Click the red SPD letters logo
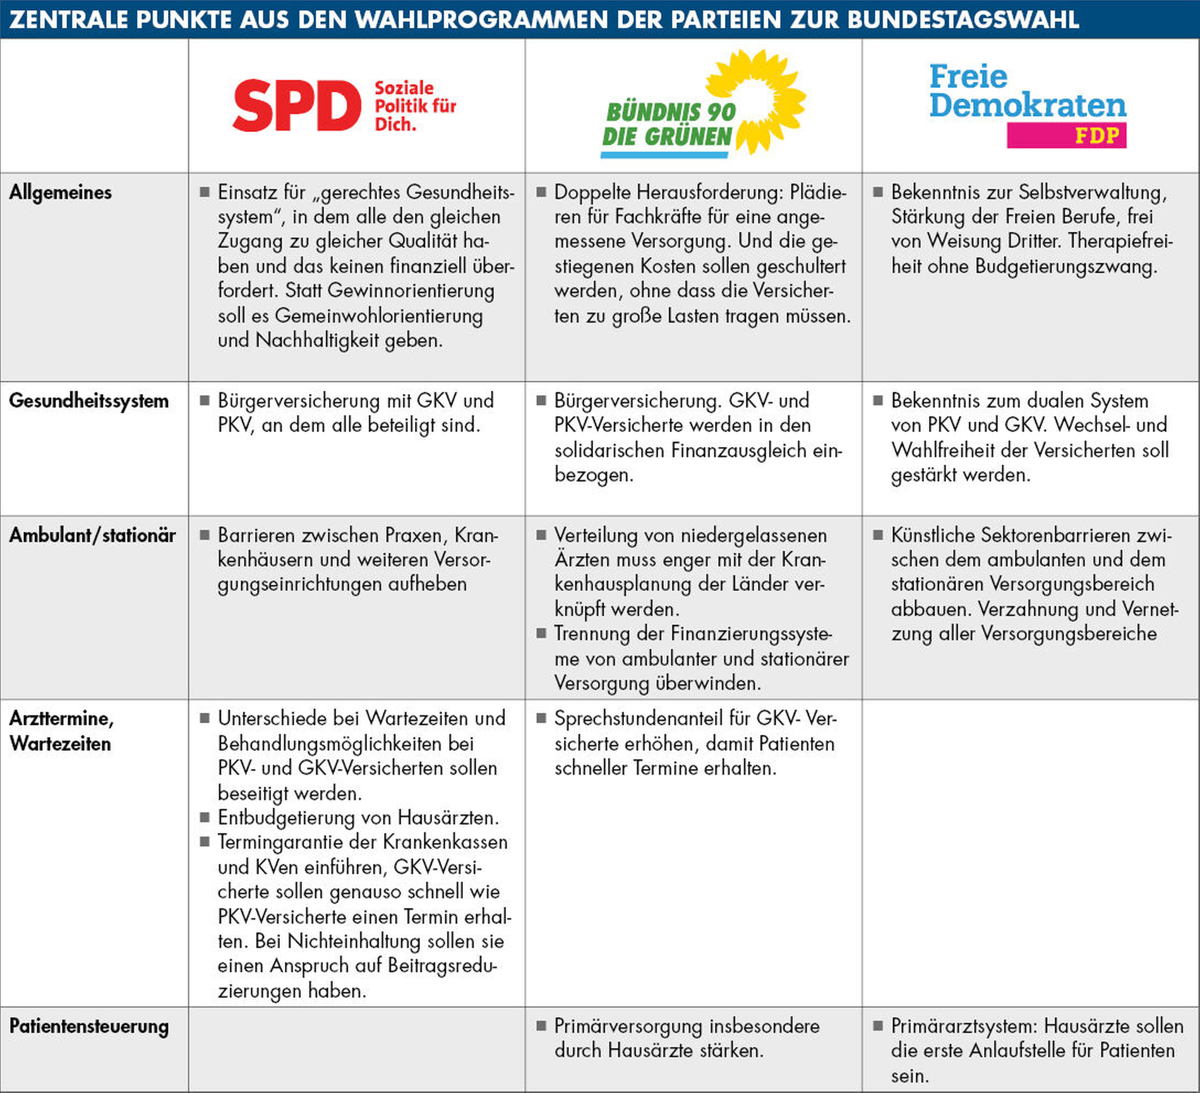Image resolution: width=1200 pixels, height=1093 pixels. [297, 105]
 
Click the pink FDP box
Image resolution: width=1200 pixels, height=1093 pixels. [1066, 135]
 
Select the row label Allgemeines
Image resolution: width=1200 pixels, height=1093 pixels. [61, 193]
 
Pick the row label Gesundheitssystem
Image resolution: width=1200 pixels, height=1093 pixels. [89, 401]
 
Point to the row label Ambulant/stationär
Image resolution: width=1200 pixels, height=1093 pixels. [92, 535]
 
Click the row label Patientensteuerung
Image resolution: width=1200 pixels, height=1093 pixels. [89, 1026]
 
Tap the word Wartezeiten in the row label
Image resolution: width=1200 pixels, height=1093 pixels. [61, 744]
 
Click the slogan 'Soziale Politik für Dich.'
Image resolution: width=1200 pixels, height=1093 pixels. [415, 105]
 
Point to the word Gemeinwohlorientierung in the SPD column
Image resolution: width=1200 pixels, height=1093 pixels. [378, 315]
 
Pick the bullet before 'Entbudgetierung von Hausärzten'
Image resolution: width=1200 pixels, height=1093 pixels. [205, 818]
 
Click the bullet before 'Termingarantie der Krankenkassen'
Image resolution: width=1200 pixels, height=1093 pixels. [205, 842]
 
